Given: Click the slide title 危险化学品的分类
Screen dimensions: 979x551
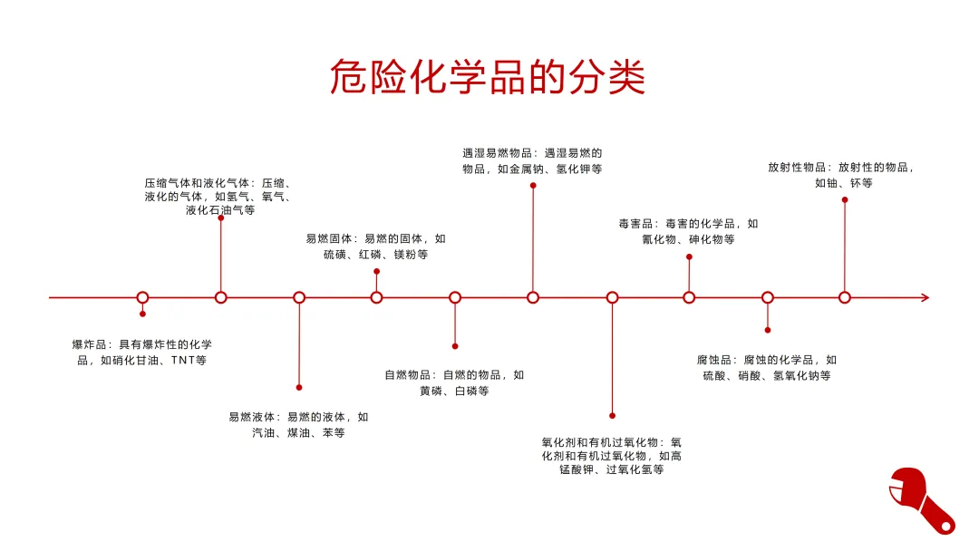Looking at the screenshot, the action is click(x=488, y=78).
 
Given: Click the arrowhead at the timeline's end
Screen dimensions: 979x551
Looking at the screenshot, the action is click(x=925, y=297).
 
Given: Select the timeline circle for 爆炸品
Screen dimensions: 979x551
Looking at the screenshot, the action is click(x=142, y=297).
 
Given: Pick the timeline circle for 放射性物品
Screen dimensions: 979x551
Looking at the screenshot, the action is click(x=845, y=297).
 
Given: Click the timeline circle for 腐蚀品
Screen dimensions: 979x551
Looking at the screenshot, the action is click(x=768, y=297).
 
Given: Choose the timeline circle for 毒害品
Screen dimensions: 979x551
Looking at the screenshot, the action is click(x=689, y=297).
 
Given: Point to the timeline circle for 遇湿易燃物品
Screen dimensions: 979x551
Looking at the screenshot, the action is click(x=533, y=297).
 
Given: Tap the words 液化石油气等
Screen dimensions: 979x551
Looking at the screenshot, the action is click(x=220, y=211).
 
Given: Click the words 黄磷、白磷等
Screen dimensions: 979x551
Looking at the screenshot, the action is click(x=454, y=391).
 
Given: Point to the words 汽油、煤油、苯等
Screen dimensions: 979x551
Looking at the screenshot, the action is click(x=298, y=433).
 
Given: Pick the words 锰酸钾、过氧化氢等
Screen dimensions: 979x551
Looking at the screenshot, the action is click(x=612, y=471).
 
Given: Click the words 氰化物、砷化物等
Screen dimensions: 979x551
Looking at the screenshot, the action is click(x=688, y=240).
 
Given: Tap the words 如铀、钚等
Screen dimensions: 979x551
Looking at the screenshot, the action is click(x=844, y=183).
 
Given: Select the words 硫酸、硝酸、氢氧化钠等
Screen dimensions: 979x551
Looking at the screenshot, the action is click(x=767, y=375).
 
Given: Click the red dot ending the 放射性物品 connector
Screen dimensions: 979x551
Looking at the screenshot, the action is click(x=845, y=199).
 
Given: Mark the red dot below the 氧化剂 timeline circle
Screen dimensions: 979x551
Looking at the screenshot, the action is click(x=612, y=415).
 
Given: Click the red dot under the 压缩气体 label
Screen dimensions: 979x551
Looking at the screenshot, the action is click(x=221, y=218).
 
